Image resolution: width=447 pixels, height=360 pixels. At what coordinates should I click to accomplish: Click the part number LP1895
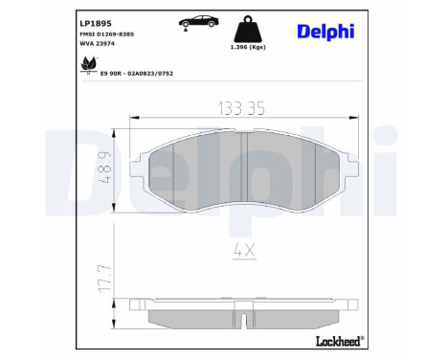click(x=94, y=22)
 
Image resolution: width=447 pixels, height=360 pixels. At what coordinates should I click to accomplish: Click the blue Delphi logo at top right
click(x=324, y=32)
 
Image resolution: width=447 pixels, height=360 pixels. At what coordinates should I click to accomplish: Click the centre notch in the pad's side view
click(x=246, y=320)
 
